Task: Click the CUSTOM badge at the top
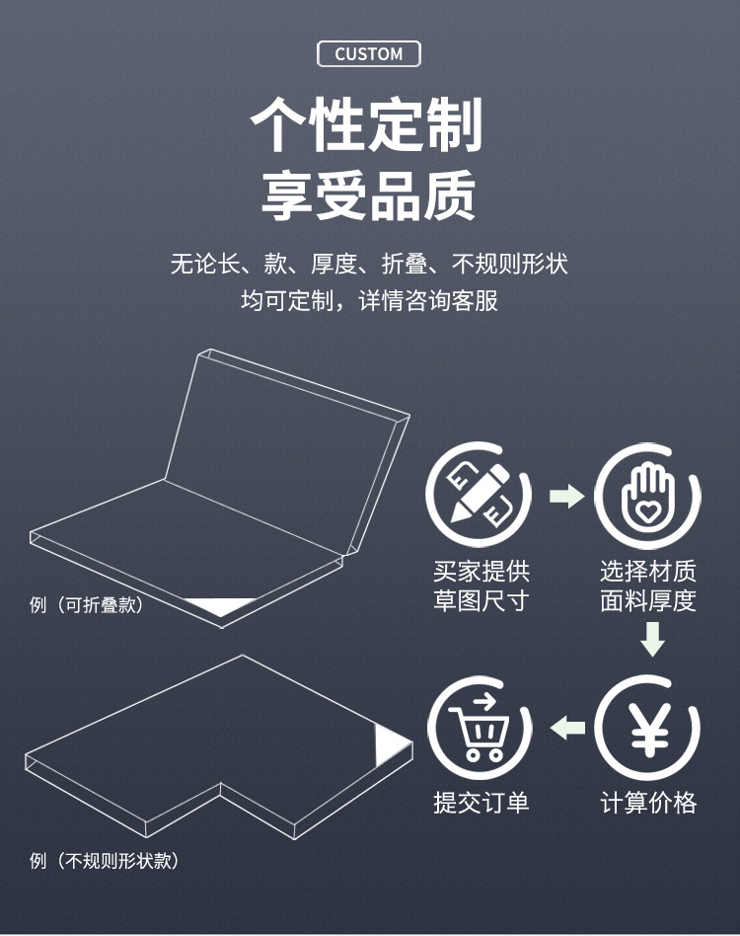368,53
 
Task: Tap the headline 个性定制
366,124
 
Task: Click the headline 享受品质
368,195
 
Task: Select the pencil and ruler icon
479,495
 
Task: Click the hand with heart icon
647,495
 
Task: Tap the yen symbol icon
647,727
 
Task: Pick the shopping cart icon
480,727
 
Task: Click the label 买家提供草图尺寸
481,585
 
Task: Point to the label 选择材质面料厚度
648,585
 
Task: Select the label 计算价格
648,803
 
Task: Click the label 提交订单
481,803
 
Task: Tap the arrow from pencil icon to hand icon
566,496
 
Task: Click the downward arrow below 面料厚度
652,640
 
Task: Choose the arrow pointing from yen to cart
567,727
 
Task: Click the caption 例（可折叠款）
87,604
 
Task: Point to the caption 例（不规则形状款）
104,860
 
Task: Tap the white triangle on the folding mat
219,605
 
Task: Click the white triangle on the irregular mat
389,744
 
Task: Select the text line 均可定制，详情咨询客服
369,300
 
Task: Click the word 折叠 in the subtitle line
405,264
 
